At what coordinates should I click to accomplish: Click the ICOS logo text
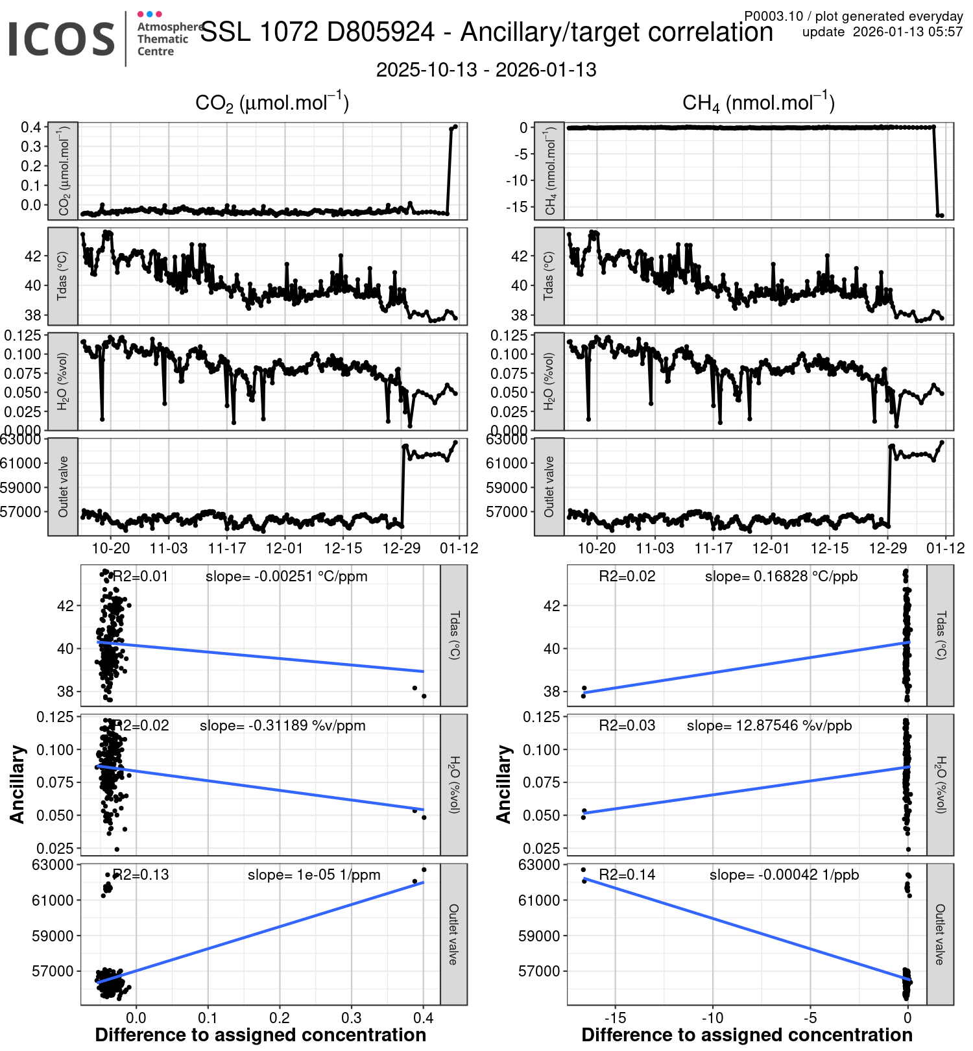pyautogui.click(x=62, y=39)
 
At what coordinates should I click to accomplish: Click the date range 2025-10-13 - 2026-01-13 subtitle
pyautogui.click(x=486, y=70)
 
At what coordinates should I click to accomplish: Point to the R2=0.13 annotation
pyautogui.click(x=141, y=875)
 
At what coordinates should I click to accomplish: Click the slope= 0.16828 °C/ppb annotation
pyautogui.click(x=781, y=576)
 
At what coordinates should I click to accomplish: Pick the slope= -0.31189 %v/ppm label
pyautogui.click(x=282, y=725)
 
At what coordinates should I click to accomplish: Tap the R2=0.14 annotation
pyautogui.click(x=627, y=875)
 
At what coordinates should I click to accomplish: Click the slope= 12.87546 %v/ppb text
pyautogui.click(x=769, y=725)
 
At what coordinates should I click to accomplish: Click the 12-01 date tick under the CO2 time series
pyautogui.click(x=285, y=548)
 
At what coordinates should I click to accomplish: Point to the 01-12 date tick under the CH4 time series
pyautogui.click(x=945, y=548)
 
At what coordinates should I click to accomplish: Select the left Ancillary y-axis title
pyautogui.click(x=18, y=784)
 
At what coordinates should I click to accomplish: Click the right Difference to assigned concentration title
pyautogui.click(x=747, y=1035)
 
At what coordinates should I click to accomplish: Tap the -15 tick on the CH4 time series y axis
pyautogui.click(x=518, y=207)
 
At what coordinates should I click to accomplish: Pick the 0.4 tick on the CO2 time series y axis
pyautogui.click(x=31, y=127)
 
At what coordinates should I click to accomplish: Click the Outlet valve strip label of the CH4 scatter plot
pyautogui.click(x=940, y=934)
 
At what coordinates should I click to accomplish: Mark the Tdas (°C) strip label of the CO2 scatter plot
pyautogui.click(x=454, y=635)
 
